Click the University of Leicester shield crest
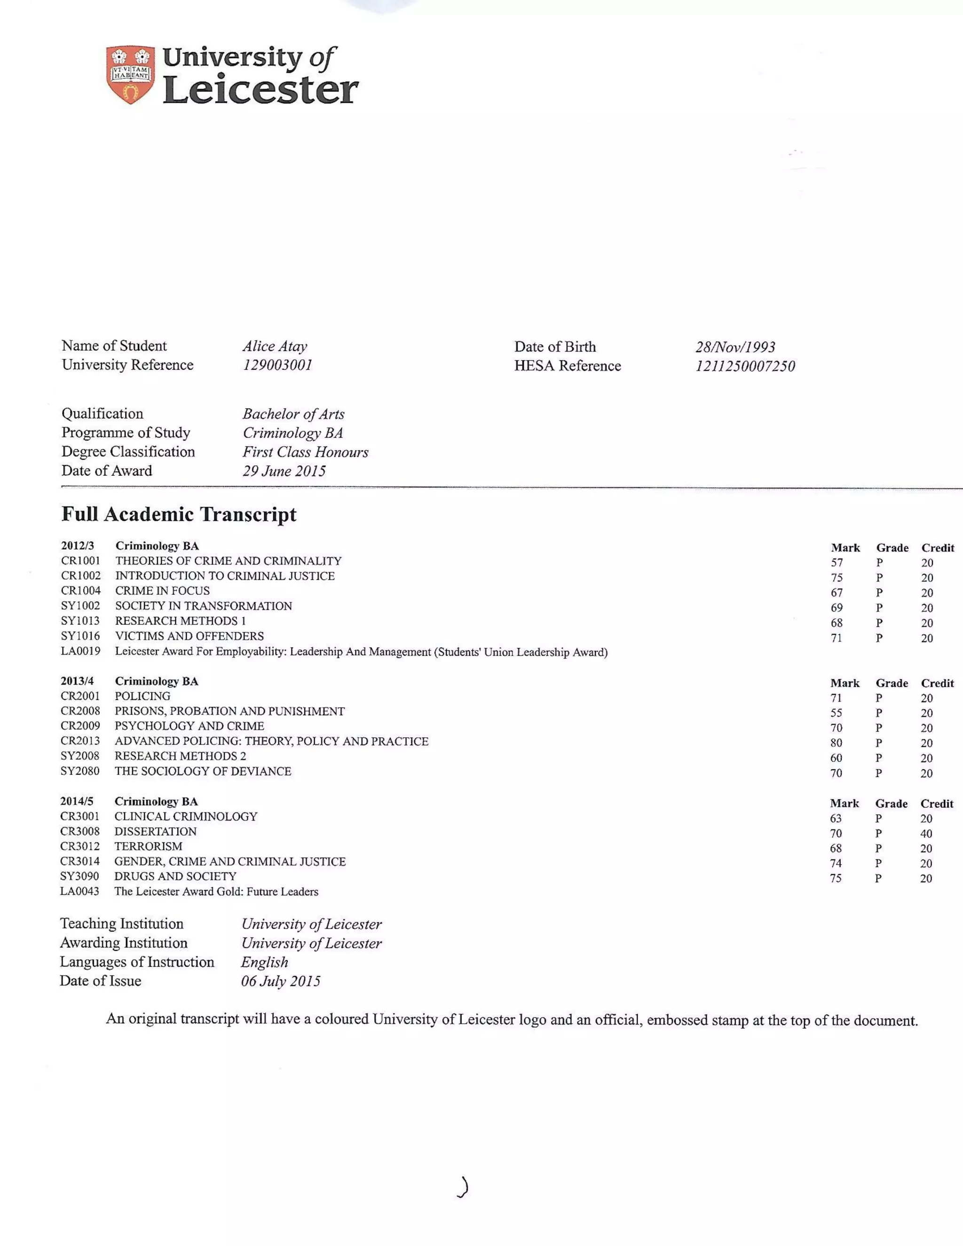(x=130, y=74)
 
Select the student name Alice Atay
(x=275, y=347)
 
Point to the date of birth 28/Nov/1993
(x=735, y=347)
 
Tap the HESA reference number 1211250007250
(x=744, y=366)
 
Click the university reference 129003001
(x=278, y=365)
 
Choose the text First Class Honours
(x=305, y=452)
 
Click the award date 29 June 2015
(x=284, y=471)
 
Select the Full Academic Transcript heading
(x=179, y=514)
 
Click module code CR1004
(x=80, y=591)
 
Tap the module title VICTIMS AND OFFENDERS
(x=189, y=636)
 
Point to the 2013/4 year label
(x=77, y=681)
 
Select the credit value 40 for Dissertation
(x=926, y=834)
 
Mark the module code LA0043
(x=79, y=891)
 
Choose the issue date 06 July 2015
(x=280, y=981)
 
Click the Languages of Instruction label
(x=137, y=962)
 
